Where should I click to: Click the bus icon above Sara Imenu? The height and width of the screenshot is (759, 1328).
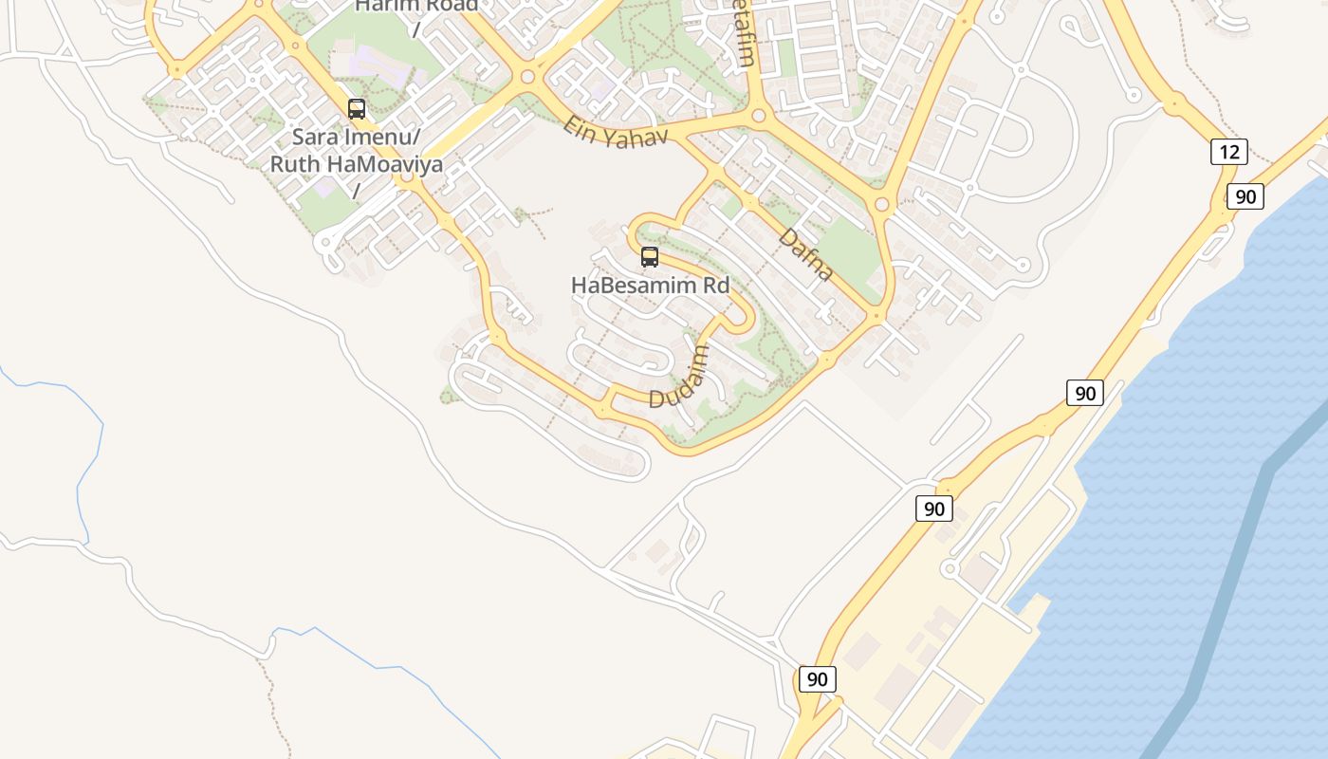(x=357, y=109)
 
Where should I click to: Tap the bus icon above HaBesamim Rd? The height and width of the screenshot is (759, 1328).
(x=650, y=256)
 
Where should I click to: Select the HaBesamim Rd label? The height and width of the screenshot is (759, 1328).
(x=650, y=285)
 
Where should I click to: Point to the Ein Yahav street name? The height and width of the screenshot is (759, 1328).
(x=615, y=130)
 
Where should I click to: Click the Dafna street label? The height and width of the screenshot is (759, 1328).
(x=806, y=253)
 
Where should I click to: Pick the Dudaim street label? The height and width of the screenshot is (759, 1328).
(x=679, y=377)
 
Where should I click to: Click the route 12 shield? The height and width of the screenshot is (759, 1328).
(x=1228, y=152)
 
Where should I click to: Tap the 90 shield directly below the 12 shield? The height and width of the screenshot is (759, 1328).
(x=1245, y=196)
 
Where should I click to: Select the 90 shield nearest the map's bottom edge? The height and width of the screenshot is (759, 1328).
(x=817, y=679)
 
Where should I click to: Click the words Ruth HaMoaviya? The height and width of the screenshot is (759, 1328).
(x=357, y=164)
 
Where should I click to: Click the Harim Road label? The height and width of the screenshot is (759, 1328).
(x=415, y=7)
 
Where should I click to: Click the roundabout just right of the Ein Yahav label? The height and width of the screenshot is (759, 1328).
(x=758, y=117)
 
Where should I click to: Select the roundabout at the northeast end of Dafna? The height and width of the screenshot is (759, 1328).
(x=882, y=204)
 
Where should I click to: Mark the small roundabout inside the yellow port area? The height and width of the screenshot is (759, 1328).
(x=950, y=569)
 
